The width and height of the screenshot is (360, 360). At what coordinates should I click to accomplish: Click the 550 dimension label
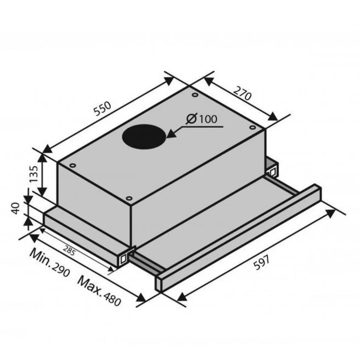103,108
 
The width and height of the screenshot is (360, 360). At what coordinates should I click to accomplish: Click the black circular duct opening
144,137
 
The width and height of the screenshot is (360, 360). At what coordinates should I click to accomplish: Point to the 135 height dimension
33,174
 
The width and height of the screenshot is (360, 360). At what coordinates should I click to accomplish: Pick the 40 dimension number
15,208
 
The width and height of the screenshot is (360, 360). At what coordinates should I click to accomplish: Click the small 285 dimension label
69,251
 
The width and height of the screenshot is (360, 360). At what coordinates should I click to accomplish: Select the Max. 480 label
99,291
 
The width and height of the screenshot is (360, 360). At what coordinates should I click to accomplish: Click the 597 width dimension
261,263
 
